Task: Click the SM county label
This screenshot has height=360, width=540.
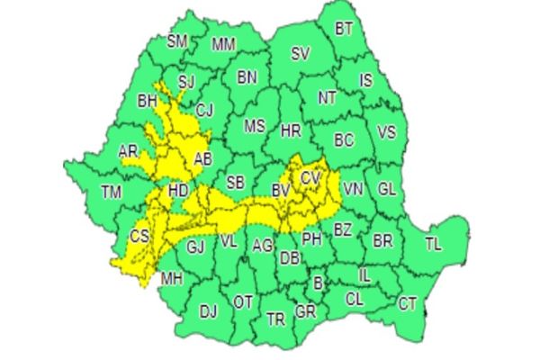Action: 178,41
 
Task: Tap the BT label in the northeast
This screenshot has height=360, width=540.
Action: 344,29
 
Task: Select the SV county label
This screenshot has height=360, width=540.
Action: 300,53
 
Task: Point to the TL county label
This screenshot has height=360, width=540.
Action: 433,244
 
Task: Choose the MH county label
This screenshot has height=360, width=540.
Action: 171,278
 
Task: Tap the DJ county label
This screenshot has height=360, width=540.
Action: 208,311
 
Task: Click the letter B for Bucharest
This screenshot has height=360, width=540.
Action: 317,284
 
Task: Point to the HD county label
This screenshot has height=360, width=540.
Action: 179,191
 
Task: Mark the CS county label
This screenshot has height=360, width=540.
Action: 139,236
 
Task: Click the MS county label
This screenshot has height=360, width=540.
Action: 256,125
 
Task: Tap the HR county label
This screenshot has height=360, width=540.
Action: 290,131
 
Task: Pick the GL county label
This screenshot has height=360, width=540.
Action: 387,189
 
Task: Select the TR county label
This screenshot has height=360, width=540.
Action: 275,319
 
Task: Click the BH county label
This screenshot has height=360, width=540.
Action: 147,103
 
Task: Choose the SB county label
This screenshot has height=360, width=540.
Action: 235,183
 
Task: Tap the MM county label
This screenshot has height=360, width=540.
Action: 223,44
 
